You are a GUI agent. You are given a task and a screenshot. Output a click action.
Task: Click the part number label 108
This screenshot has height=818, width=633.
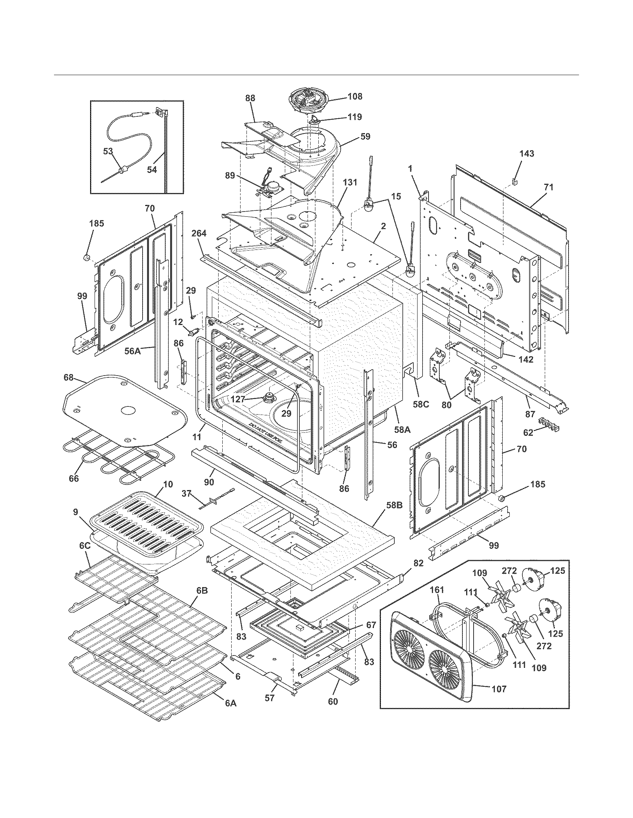(354, 96)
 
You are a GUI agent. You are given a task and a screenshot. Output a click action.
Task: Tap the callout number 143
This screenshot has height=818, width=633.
(527, 154)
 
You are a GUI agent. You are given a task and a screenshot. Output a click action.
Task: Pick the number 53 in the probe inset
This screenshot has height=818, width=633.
(108, 152)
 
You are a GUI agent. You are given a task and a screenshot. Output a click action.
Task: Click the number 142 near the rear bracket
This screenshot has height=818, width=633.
(525, 359)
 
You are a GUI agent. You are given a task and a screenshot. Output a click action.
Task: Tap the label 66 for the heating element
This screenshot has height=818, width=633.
(74, 478)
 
